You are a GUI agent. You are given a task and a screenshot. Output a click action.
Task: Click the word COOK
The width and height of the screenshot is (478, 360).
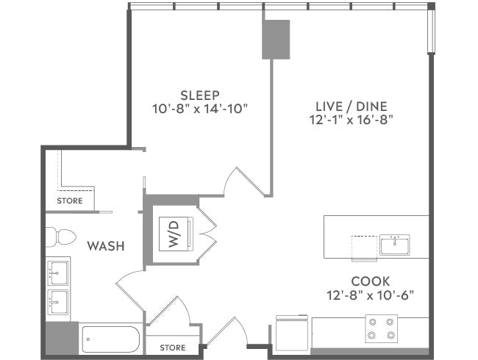point(370,281)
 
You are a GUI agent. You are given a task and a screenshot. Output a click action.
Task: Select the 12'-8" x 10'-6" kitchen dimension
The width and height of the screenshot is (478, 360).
point(371,295)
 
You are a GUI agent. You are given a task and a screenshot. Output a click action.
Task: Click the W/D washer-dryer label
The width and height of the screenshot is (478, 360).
point(174,233)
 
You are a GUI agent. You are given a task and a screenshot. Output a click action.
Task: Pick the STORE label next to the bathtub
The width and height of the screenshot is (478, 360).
point(172,348)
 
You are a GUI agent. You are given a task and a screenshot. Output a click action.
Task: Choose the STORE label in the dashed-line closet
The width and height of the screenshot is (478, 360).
point(71,201)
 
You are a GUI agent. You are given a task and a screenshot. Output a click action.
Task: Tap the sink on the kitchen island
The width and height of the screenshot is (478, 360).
point(395,244)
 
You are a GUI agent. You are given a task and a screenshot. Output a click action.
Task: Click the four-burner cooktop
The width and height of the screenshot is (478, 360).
point(382,328)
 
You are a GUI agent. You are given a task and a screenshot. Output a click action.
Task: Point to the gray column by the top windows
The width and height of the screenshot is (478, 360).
point(276,39)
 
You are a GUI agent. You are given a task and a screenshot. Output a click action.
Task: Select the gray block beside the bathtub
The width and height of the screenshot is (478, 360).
point(61,339)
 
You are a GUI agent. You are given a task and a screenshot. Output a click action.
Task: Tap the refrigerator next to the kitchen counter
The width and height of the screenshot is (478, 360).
point(292,334)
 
